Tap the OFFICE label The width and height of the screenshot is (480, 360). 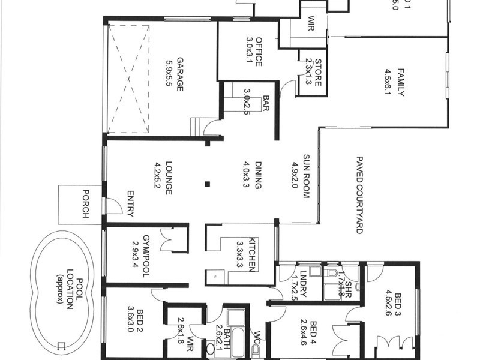coord(259,52)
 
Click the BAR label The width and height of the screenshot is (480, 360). coord(266,104)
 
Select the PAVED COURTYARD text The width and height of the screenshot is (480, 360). coord(360,195)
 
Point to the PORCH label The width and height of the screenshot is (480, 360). coord(85,204)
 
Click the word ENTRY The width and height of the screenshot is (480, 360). coord(130,203)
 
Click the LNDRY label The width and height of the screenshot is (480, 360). coord(303,283)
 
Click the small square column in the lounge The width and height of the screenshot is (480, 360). coord(207,184)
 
